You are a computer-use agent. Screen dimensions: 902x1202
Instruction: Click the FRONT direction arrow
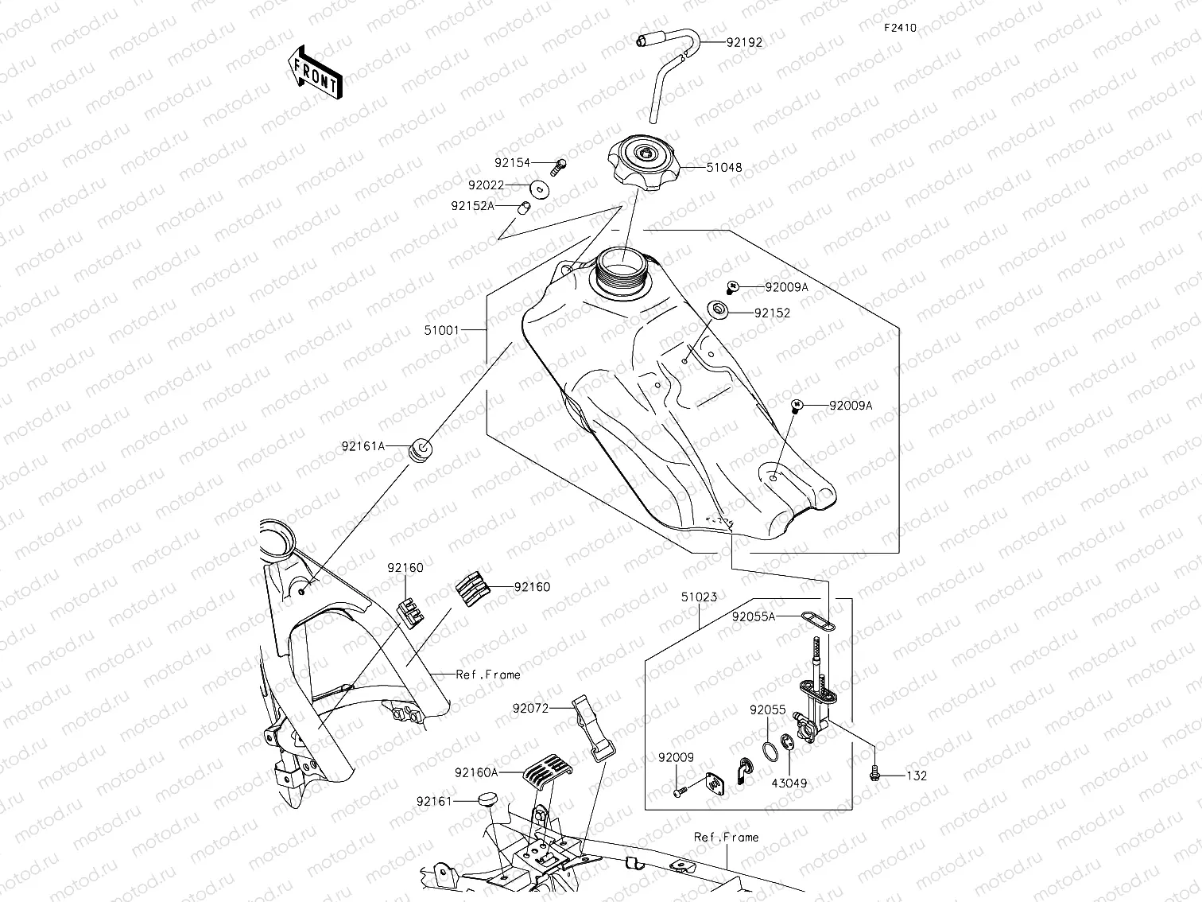(x=316, y=71)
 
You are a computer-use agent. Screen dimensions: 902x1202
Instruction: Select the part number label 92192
(x=743, y=42)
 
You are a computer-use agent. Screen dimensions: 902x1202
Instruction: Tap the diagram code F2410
(x=900, y=27)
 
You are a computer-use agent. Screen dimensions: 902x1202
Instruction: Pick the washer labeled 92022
(x=540, y=188)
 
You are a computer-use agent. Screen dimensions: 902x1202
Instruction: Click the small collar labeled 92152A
(x=524, y=208)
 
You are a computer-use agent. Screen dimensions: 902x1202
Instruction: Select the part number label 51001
(x=441, y=329)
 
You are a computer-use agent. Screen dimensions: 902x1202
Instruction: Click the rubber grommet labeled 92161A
(x=419, y=449)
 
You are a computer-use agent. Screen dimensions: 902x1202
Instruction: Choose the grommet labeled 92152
(x=719, y=309)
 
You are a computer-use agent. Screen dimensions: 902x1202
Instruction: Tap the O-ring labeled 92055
(x=769, y=749)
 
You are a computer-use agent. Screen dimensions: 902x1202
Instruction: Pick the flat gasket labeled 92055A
(x=819, y=620)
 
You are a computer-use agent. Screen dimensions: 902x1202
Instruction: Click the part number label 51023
(x=699, y=596)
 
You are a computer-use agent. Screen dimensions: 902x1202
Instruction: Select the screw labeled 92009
(x=679, y=791)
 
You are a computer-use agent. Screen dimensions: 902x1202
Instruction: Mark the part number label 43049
(x=789, y=783)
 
